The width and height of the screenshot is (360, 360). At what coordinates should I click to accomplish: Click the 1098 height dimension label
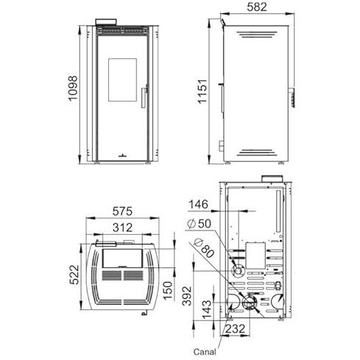tap(73, 88)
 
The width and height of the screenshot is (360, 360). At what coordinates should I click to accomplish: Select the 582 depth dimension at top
tap(257, 7)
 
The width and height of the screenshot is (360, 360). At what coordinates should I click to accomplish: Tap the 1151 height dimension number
tap(202, 91)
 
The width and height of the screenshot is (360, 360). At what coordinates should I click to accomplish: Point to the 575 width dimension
tap(122, 211)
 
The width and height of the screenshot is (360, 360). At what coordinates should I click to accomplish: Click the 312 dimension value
tap(122, 227)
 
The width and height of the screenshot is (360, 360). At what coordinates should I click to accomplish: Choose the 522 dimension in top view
tap(74, 275)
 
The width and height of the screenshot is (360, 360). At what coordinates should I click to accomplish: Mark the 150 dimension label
tap(168, 291)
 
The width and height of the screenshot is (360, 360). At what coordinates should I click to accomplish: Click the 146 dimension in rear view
tap(198, 204)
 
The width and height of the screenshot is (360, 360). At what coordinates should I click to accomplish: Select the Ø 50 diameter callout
tap(199, 224)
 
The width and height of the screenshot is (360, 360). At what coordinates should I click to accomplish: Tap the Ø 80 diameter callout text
tap(204, 248)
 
